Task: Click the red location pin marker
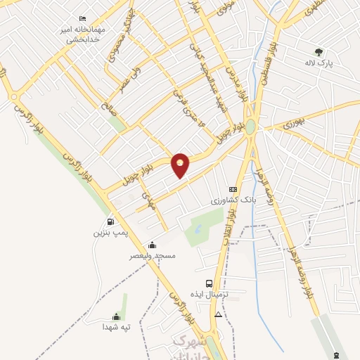click(181, 165)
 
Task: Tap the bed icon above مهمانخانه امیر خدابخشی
click(83, 18)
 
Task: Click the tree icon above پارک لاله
click(319, 51)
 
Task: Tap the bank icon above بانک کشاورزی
click(233, 189)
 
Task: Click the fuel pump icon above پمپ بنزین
click(110, 221)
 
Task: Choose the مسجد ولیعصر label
click(151, 256)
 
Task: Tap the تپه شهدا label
click(117, 327)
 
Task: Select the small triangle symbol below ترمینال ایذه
click(219, 314)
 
